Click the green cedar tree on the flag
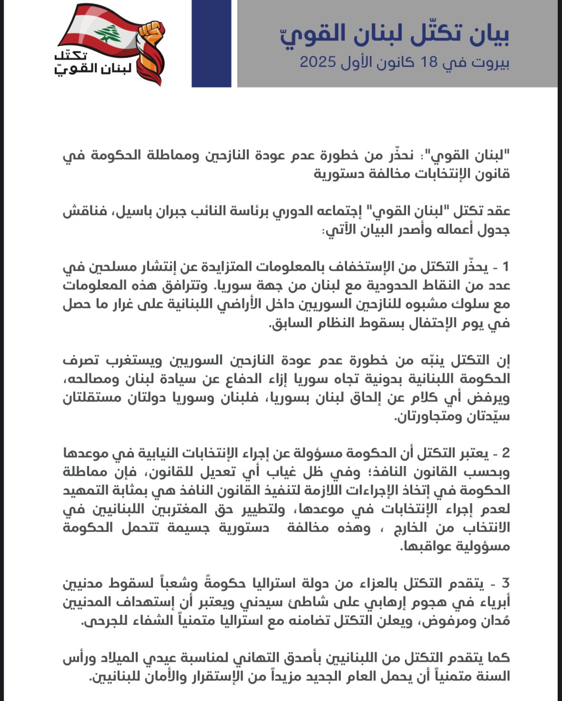click(x=108, y=34)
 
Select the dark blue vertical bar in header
click(x=211, y=43)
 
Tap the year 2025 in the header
click(x=318, y=62)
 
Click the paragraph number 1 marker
click(x=505, y=267)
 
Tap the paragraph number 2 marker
click(x=505, y=453)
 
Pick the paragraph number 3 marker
click(x=505, y=583)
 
